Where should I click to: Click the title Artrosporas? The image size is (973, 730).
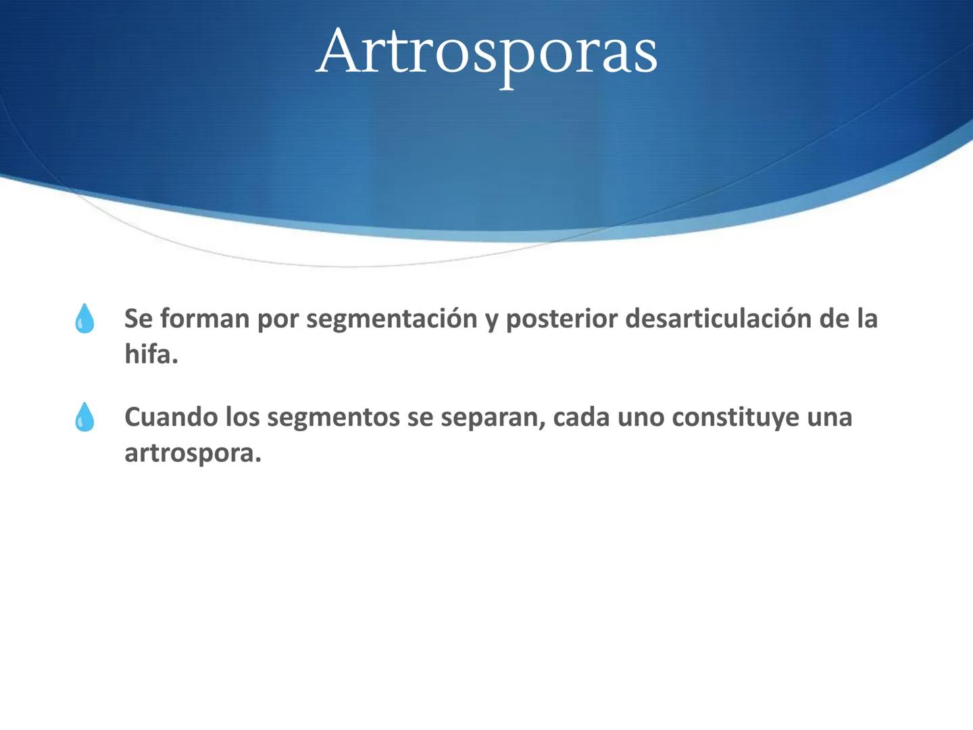point(487,52)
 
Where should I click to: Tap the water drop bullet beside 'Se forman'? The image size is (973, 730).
point(84,318)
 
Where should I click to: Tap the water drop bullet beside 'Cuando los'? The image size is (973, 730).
point(84,417)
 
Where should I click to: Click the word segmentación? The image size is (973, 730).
point(392,319)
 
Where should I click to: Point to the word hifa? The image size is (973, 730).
point(150,354)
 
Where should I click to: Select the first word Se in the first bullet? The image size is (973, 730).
point(139,318)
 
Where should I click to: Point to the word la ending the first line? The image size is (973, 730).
point(867,318)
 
